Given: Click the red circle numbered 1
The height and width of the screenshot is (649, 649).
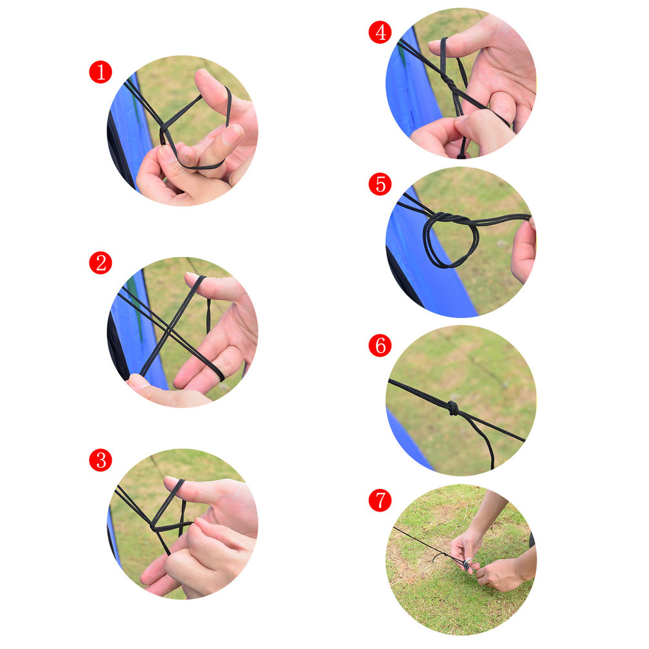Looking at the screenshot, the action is tap(101, 72).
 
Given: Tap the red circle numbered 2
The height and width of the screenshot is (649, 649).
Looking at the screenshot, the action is tap(101, 263).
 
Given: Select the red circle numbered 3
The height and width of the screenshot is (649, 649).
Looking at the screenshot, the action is tap(101, 460).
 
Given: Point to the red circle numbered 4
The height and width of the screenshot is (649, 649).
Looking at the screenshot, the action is tap(380, 32).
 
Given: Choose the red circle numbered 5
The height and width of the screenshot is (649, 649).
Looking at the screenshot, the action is tap(380, 184).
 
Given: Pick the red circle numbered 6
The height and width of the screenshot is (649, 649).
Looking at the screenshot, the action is tap(380, 345).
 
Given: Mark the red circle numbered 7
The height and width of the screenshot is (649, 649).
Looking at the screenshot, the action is tap(380, 500).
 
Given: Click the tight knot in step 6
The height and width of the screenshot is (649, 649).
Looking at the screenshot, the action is tap(453, 408).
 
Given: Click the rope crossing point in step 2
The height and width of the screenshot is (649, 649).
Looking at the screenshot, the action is tap(168, 330).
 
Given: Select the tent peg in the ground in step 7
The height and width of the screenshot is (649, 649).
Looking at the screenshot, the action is tap(467, 564).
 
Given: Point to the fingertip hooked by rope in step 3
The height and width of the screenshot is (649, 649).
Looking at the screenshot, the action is tap(175, 483).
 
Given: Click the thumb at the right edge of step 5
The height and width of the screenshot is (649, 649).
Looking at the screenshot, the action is tap(524, 251).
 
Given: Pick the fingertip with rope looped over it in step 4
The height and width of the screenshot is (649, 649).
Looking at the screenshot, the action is tap(441, 46).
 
